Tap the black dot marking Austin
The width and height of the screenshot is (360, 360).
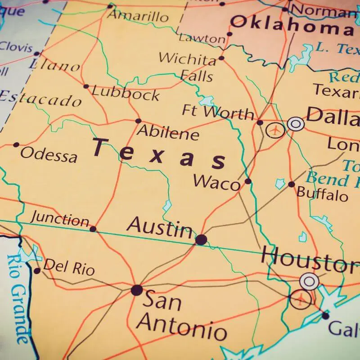[201, 239]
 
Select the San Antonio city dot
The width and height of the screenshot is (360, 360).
[137, 290]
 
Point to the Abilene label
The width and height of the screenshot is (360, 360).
[168, 133]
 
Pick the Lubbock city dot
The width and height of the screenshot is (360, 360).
[86, 86]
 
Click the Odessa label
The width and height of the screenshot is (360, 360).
[49, 155]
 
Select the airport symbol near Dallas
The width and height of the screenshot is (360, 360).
[275, 130]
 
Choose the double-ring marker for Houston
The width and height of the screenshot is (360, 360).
[309, 281]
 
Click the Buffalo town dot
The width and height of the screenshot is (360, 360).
[291, 184]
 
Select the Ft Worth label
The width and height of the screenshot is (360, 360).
[218, 111]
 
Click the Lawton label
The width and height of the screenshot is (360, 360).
[202, 38]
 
